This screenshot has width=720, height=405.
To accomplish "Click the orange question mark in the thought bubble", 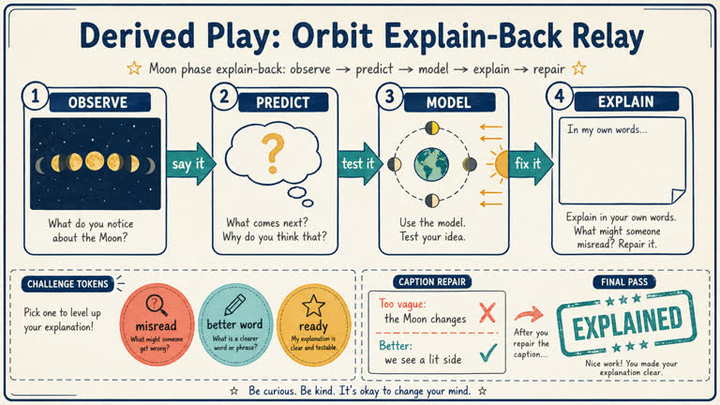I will point(272,151).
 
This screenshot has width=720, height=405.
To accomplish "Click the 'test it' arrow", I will point(355,164).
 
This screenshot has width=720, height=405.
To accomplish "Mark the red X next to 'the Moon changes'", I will point(486,313).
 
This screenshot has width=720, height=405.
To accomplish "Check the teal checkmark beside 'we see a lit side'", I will point(486,353).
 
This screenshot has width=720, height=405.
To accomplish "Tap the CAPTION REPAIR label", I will point(433,280).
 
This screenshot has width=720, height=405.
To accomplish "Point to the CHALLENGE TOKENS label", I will point(68,283).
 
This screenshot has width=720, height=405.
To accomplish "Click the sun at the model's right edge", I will point(500,164).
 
